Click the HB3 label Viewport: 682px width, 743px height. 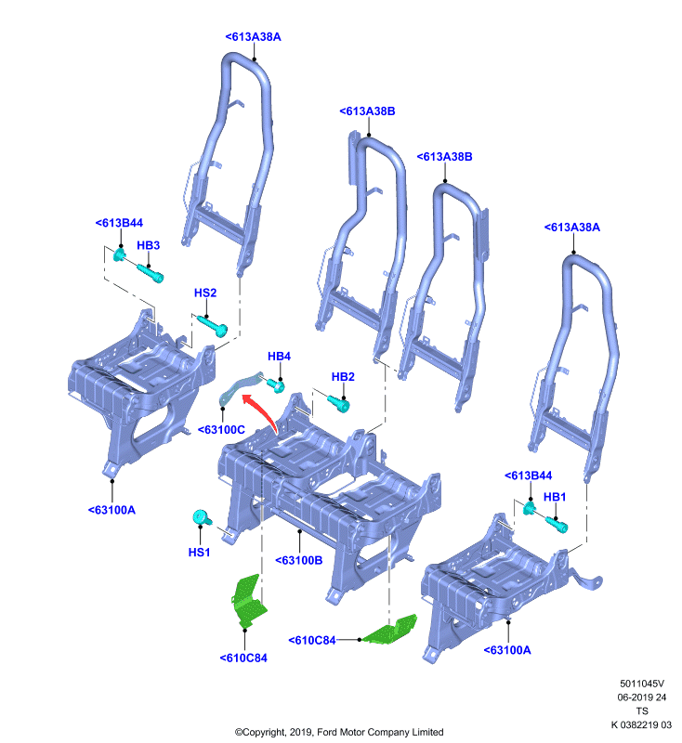tap(149, 245)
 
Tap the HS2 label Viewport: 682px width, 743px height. tap(205, 293)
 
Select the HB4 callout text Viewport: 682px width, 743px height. tap(279, 357)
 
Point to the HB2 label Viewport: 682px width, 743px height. tap(343, 377)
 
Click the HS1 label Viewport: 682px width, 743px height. tap(199, 553)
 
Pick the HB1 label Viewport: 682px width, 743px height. tap(555, 497)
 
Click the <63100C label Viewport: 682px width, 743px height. tap(221, 430)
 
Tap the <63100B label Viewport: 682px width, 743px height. tap(299, 561)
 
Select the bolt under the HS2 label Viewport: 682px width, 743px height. tap(213, 326)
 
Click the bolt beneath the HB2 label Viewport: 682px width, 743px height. tap(338, 403)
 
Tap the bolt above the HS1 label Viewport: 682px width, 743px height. tap(203, 517)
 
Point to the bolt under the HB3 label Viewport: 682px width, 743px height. tap(151, 273)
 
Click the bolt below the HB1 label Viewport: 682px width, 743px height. tap(557, 525)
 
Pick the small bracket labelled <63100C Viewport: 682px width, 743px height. tap(240, 388)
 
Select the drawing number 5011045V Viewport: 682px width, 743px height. tap(642, 684)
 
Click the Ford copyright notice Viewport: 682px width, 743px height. tap(339, 732)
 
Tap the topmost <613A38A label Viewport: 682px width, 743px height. tap(253, 37)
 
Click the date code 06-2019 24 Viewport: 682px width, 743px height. tap(642, 697)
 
